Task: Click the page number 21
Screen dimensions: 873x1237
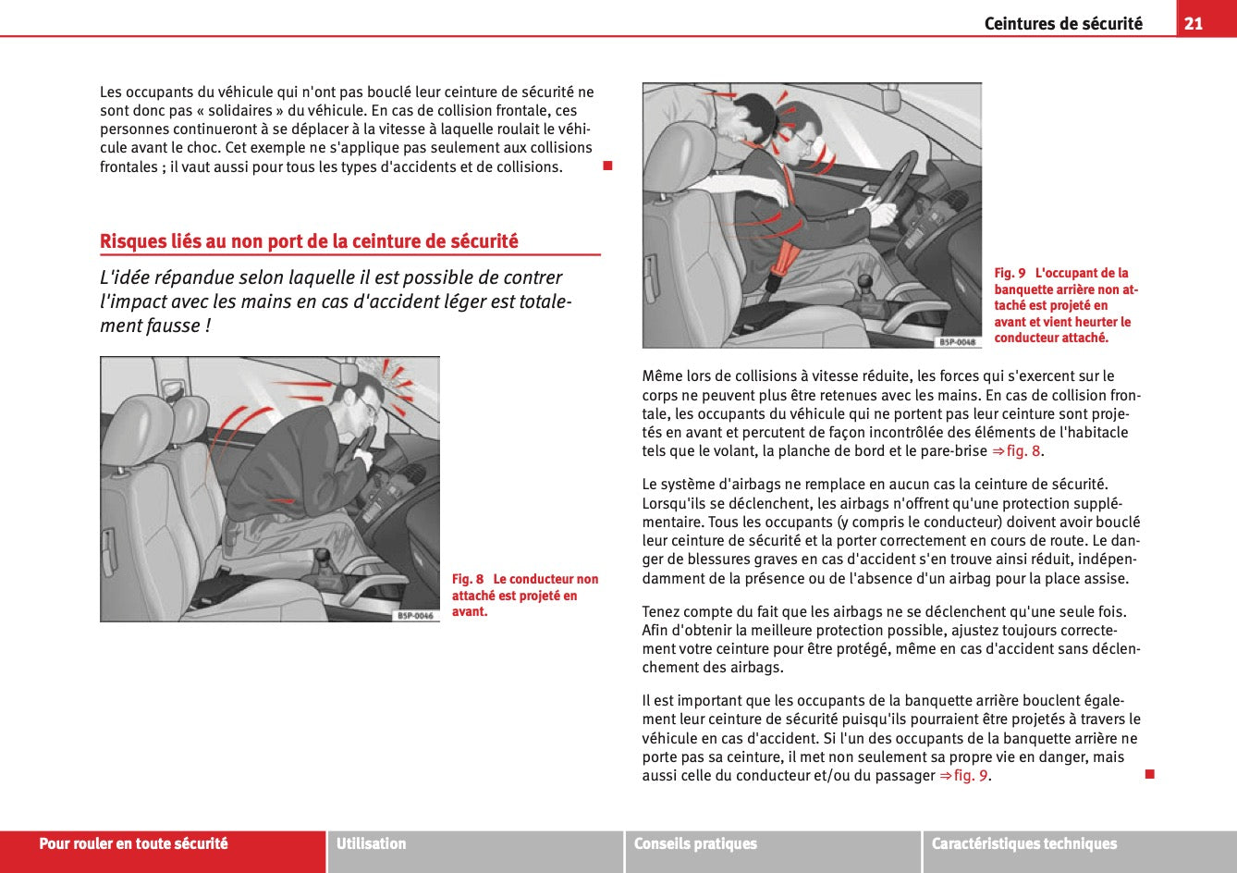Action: tap(1194, 23)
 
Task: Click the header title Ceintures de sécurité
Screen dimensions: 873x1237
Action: tap(1062, 24)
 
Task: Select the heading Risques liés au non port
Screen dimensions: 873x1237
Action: tap(309, 241)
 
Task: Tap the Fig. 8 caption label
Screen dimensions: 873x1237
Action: tap(467, 579)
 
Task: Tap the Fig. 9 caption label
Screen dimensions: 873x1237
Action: tap(1010, 273)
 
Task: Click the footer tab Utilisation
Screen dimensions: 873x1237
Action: tap(372, 843)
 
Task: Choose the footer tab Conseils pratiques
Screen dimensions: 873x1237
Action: tap(695, 843)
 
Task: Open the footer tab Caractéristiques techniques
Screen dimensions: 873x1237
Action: tap(1023, 843)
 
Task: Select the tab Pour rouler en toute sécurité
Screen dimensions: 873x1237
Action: tap(133, 843)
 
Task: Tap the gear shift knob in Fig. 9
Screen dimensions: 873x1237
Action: tap(864, 281)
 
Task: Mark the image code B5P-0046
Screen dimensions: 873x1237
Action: tap(415, 615)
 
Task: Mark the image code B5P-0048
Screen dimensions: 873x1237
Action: tap(957, 341)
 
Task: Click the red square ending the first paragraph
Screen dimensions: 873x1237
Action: tap(607, 166)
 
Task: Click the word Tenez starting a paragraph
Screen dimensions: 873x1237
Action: tap(663, 611)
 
